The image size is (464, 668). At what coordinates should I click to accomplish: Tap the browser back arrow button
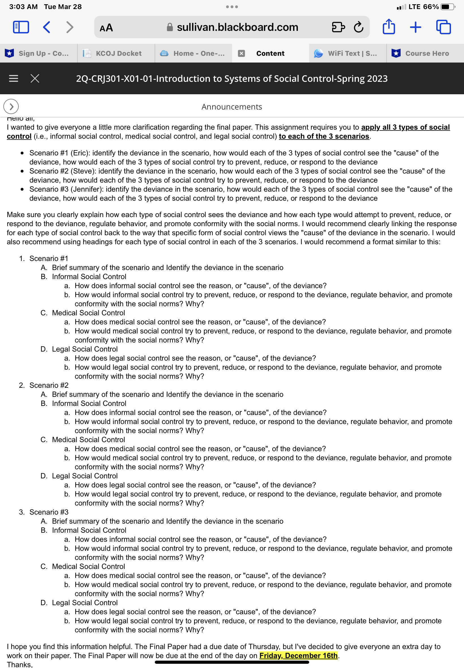point(47,27)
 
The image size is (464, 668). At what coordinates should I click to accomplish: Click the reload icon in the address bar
point(358,27)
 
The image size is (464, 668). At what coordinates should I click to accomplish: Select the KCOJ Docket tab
point(116,53)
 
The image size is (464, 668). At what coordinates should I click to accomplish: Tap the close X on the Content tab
point(241,53)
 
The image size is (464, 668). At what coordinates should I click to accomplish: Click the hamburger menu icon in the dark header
point(13,78)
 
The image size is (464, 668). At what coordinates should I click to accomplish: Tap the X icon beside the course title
point(35,78)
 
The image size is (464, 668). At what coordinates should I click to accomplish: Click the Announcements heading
point(232,107)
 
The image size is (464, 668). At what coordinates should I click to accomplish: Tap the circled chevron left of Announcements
point(11,107)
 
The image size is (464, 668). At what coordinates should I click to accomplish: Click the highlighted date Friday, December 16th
point(298,655)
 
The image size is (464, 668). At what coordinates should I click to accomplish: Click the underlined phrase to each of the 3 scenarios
point(324,136)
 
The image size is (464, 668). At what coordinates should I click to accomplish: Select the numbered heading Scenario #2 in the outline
point(49,385)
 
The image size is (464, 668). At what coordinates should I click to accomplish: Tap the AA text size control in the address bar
point(106,27)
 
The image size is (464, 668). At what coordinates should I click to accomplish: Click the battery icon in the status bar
point(447,7)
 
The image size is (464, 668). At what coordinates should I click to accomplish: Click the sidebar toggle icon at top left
point(21,27)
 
